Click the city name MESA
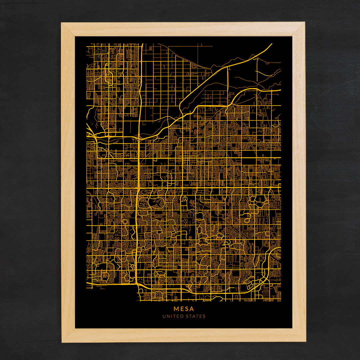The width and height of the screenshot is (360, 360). pyautogui.click(x=184, y=309)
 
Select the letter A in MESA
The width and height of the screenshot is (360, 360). pyautogui.click(x=192, y=309)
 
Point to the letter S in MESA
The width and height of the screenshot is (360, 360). pyautogui.click(x=186, y=309)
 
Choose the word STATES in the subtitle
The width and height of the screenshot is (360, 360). pyautogui.click(x=195, y=316)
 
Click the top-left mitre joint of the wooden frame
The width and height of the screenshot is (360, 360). pyautogui.click(x=68, y=29)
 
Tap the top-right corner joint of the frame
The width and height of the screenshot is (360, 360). pyautogui.click(x=298, y=29)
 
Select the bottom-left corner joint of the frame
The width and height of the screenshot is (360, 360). pyautogui.click(x=68, y=335)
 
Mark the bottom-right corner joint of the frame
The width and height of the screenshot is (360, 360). pyautogui.click(x=299, y=335)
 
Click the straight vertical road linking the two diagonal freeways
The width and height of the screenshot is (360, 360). pyautogui.click(x=228, y=85)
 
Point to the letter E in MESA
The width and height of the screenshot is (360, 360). pyautogui.click(x=182, y=309)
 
